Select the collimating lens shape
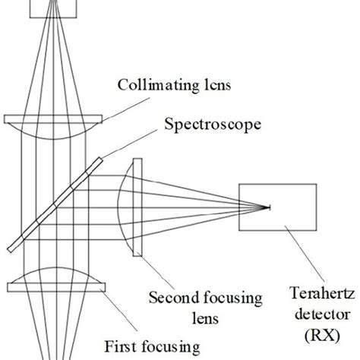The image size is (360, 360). (x=53, y=125)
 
